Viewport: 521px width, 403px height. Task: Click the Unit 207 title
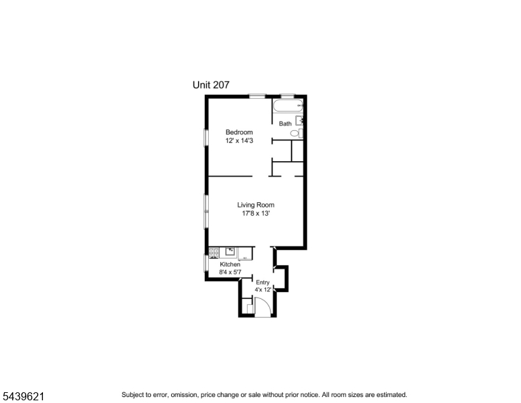(x=211, y=85)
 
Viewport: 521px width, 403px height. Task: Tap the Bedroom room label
(x=239, y=132)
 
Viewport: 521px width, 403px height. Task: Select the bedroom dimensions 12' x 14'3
(x=239, y=140)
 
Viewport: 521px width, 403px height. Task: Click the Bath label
(x=285, y=124)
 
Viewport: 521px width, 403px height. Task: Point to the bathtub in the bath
(x=288, y=105)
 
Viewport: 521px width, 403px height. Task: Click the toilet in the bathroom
(x=296, y=134)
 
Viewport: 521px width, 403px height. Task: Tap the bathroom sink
(x=299, y=120)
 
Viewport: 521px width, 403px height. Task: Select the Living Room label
(x=256, y=205)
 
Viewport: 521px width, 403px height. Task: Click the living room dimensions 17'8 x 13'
(x=256, y=214)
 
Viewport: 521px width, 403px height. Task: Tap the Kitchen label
(x=230, y=265)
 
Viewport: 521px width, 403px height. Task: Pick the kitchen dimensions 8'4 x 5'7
(x=230, y=272)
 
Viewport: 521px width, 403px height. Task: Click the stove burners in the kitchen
(x=214, y=253)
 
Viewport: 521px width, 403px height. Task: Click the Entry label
(x=263, y=282)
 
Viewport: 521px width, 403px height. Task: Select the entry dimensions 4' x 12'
(x=263, y=289)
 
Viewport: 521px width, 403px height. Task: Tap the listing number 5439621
(x=23, y=396)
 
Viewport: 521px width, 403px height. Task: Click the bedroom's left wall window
(x=206, y=138)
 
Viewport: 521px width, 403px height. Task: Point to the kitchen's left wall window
(x=206, y=263)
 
